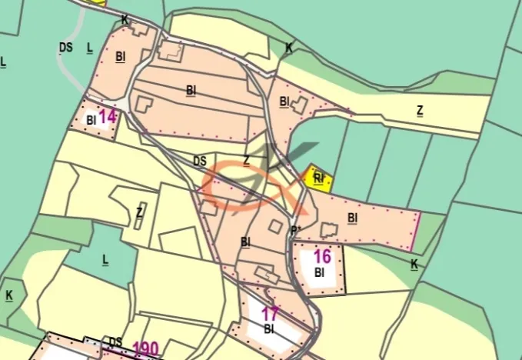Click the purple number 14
point(108,117)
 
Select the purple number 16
point(322,257)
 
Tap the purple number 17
point(269,314)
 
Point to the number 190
point(145,348)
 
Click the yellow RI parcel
point(318,178)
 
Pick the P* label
point(295,230)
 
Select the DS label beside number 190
point(115,342)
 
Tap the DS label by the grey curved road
point(65,47)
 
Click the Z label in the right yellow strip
point(419,110)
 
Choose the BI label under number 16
point(320,272)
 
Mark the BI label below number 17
point(269,328)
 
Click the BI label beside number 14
point(91,120)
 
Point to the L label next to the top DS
point(90,48)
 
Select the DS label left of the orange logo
point(200,161)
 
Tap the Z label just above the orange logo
point(247,160)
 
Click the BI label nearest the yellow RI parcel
point(352,218)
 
